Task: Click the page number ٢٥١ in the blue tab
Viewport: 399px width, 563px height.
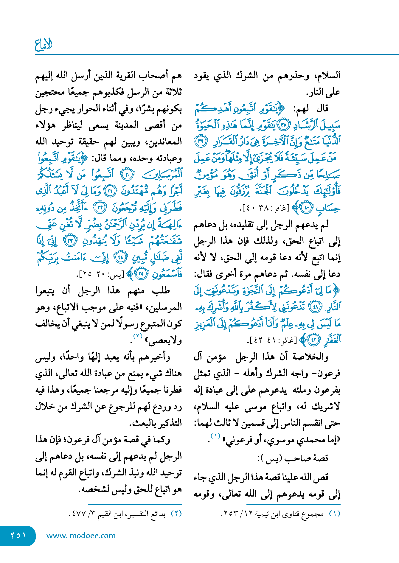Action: click(x=18, y=536)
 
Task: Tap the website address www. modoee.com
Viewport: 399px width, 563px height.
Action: click(x=81, y=536)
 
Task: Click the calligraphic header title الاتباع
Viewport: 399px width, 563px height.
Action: click(x=44, y=45)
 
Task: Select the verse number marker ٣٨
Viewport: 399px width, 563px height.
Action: click(x=283, y=125)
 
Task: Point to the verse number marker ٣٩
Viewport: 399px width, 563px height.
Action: click(x=201, y=141)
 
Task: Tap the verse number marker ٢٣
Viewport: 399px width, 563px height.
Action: click(x=71, y=241)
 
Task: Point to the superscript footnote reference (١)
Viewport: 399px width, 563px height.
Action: click(x=215, y=436)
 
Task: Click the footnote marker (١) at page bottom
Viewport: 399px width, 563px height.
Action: click(x=334, y=514)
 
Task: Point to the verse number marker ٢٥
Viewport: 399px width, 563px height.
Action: click(x=141, y=274)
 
